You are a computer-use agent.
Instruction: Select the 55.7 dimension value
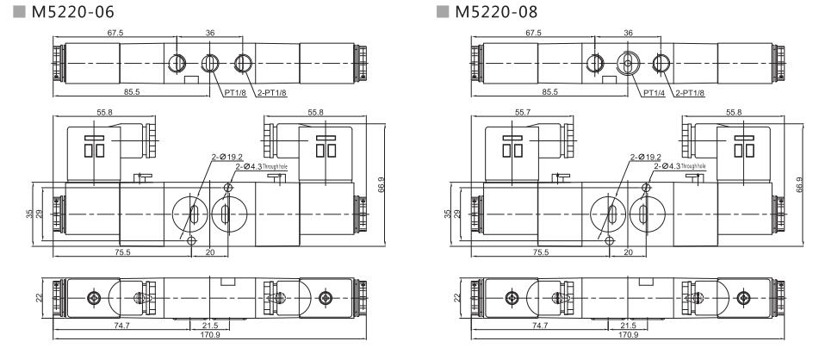[518, 112]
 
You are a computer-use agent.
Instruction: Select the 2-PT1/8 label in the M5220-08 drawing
[690, 91]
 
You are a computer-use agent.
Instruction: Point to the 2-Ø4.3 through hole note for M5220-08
[678, 165]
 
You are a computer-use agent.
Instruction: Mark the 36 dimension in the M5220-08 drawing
[628, 34]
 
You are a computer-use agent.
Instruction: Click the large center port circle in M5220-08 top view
[628, 63]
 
